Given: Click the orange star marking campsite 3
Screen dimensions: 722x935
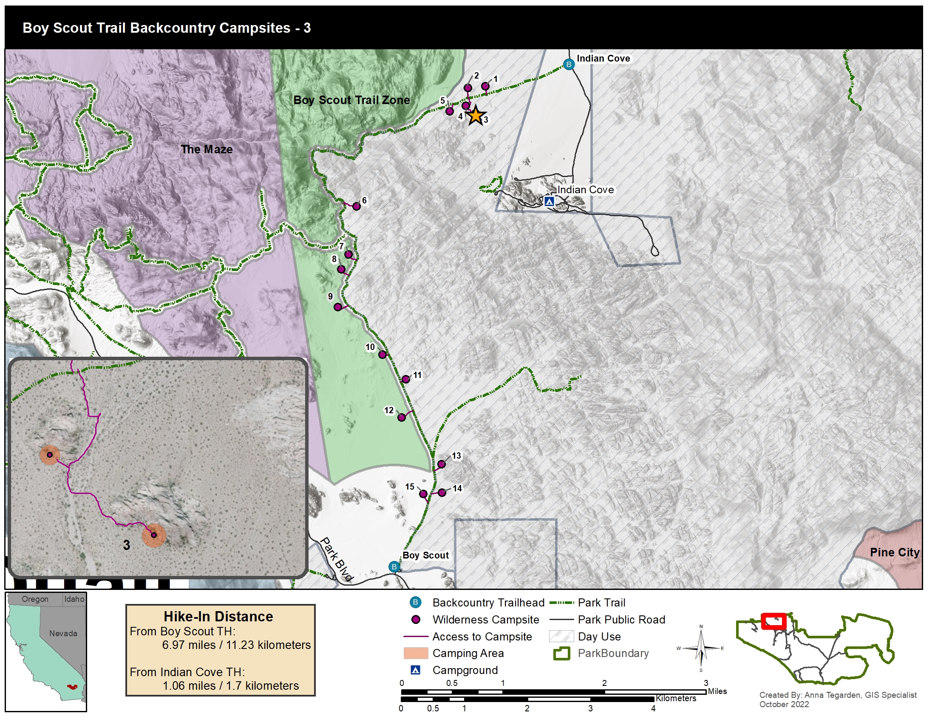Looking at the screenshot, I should tap(475, 116).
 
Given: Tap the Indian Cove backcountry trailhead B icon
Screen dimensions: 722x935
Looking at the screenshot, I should tap(569, 65).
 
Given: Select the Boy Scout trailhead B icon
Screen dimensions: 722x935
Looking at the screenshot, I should tap(394, 567).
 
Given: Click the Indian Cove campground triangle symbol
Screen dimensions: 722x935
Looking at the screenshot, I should tap(549, 201).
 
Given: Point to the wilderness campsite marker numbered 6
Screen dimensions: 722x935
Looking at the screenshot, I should tap(356, 206).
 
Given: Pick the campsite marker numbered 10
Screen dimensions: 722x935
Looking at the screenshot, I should tap(382, 355).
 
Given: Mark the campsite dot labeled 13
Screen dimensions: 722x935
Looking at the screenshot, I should tap(442, 464).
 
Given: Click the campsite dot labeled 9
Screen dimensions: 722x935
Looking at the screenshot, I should tap(338, 307).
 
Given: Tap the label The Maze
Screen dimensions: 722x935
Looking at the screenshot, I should tap(207, 149).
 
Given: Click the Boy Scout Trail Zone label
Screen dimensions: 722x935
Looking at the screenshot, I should tap(351, 100).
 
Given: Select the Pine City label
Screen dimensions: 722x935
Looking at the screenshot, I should tap(894, 552).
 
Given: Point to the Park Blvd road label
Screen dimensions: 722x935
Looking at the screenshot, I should tap(337, 559).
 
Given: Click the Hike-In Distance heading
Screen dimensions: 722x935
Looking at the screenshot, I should tap(218, 616).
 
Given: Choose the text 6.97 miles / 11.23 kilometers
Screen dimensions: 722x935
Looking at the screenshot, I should tap(236, 645).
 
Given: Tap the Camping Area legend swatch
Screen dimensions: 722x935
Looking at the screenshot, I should tap(415, 653).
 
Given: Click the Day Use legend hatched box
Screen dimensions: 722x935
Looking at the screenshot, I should tap(561, 636).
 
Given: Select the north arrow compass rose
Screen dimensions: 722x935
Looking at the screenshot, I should tap(701, 648).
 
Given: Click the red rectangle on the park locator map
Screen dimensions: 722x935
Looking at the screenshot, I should tap(773, 621).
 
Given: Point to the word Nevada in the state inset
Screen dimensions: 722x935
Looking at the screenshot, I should tap(63, 634).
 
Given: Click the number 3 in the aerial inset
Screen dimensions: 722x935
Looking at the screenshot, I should tap(126, 545).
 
